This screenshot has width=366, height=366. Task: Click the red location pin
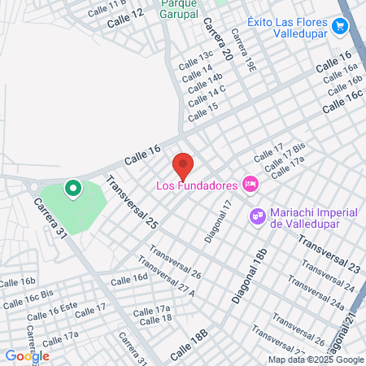[x=184, y=165]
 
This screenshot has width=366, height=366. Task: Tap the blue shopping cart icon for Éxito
[x=341, y=27]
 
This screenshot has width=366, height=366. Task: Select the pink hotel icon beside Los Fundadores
[x=251, y=184]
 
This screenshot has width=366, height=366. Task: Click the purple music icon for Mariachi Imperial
[x=258, y=216]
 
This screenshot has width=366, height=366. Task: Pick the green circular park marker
[x=72, y=190]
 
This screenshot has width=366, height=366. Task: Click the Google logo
[x=27, y=355]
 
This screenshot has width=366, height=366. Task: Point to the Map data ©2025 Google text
[x=317, y=359]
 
